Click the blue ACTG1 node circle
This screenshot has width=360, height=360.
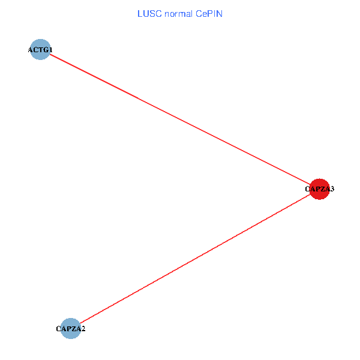pyautogui.click(x=40, y=50)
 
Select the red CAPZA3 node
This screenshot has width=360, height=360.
pyautogui.click(x=319, y=189)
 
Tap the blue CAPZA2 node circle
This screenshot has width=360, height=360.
pyautogui.click(x=71, y=328)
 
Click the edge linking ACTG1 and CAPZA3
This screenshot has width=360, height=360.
pyautogui.click(x=180, y=120)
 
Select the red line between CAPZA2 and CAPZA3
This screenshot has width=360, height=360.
pyautogui.click(x=195, y=259)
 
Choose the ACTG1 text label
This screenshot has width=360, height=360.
pyautogui.click(x=40, y=50)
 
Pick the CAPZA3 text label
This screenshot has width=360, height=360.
pyautogui.click(x=319, y=189)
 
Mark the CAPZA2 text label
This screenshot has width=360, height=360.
pyautogui.click(x=71, y=329)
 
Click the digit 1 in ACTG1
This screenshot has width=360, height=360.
pyautogui.click(x=50, y=50)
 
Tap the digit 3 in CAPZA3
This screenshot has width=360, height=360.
pyautogui.click(x=332, y=189)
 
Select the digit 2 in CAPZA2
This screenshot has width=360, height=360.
pyautogui.click(x=83, y=329)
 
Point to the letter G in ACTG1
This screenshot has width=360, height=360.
pyautogui.click(x=45, y=50)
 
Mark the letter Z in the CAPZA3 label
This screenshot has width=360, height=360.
pyautogui.click(x=322, y=189)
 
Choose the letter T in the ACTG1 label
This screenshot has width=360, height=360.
pyautogui.click(x=40, y=50)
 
